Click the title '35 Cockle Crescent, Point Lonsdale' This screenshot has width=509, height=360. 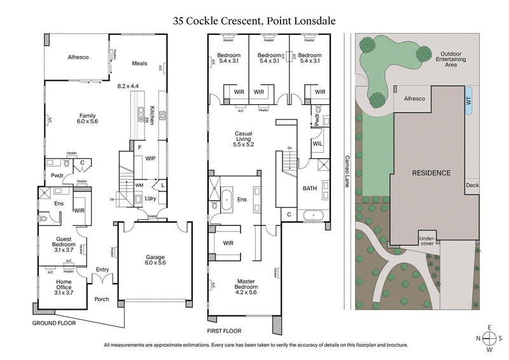254,20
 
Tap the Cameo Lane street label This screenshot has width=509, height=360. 347,172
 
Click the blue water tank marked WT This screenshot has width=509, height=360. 468,101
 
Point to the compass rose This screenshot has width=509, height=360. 491,338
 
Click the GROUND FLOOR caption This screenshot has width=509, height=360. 53,323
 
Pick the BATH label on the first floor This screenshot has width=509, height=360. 310,188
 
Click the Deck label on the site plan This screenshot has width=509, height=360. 472,185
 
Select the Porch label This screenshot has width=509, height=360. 102,299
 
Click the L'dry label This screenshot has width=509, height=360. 151,199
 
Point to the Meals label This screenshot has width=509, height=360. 139,64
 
